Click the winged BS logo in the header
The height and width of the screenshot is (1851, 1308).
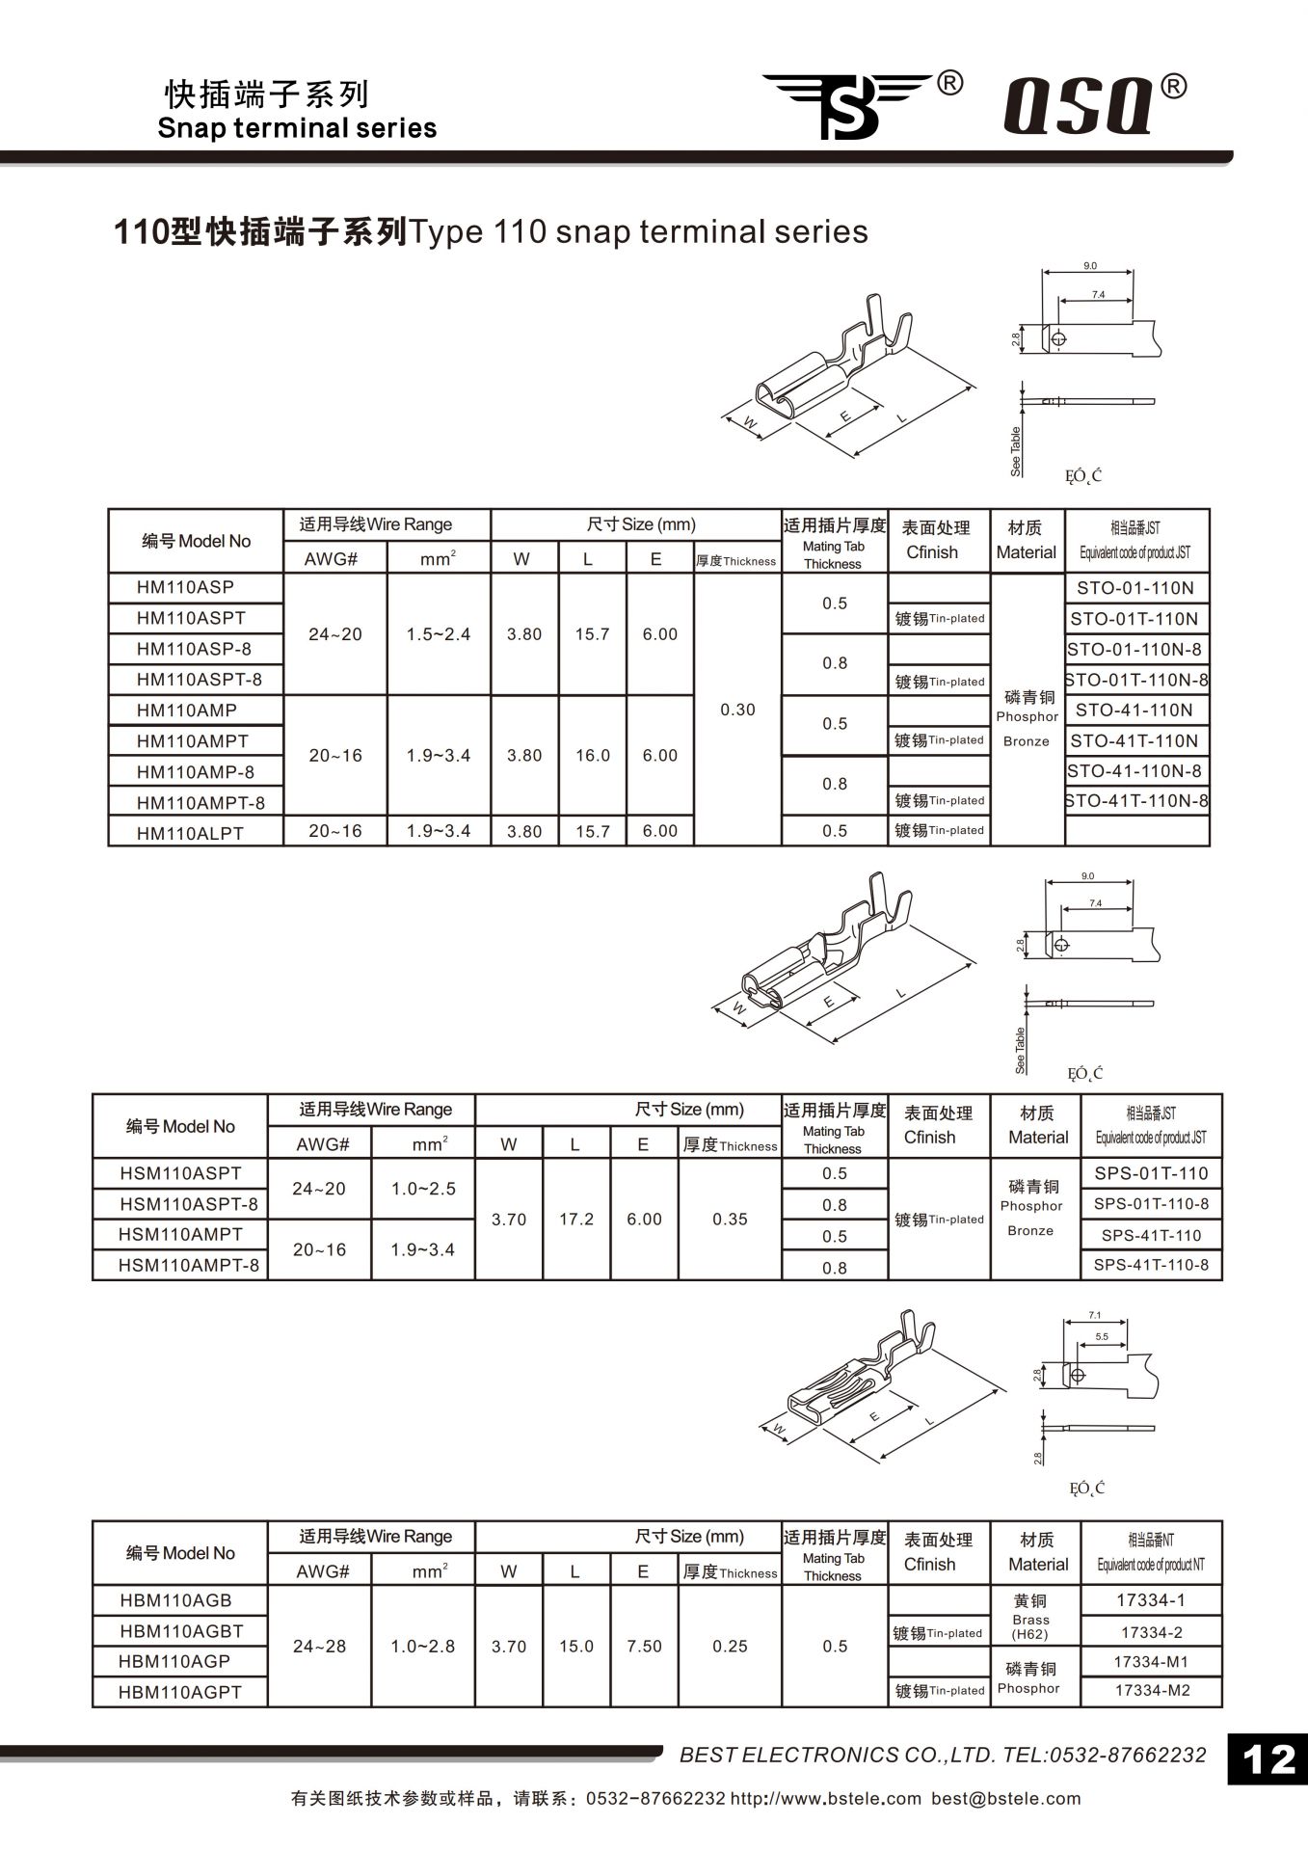coord(848,104)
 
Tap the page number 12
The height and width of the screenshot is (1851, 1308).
coord(1268,1760)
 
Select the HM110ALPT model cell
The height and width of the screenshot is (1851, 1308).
coord(191,832)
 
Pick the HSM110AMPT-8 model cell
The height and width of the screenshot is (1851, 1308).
coord(189,1265)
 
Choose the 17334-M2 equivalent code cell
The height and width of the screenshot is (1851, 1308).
coord(1152,1691)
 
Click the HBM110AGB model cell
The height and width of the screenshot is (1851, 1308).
coord(176,1600)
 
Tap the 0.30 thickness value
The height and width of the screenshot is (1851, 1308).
coord(737,710)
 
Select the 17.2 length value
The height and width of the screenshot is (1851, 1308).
coord(576,1220)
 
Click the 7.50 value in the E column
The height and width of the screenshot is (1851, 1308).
coord(644,1647)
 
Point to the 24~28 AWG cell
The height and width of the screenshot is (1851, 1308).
coord(319,1647)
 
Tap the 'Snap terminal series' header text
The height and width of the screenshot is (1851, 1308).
coord(297,128)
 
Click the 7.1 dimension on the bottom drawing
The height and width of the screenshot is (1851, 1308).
coord(1094,1315)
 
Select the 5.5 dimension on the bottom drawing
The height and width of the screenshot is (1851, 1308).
coord(1102,1337)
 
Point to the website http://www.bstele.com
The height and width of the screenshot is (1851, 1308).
coord(826,1799)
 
